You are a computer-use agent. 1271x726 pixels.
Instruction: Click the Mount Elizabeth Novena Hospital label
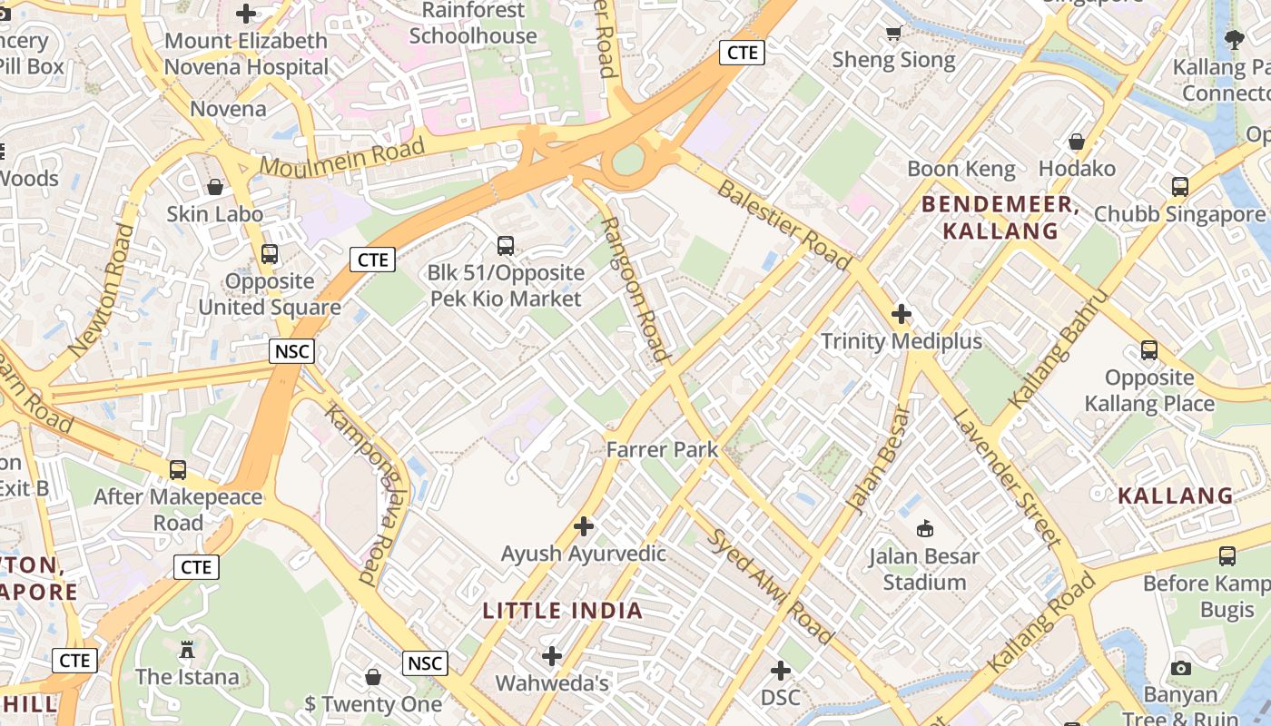[246, 54]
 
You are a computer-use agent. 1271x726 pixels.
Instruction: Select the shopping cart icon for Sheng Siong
[894, 34]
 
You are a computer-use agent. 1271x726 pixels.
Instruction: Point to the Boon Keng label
[961, 169]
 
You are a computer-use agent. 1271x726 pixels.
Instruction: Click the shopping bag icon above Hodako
[1077, 142]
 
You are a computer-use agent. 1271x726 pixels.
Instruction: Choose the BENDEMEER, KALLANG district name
[1000, 218]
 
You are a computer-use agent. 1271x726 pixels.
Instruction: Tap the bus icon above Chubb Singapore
[1179, 187]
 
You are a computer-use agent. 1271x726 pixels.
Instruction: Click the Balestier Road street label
[784, 225]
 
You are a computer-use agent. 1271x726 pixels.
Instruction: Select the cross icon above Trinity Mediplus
[902, 314]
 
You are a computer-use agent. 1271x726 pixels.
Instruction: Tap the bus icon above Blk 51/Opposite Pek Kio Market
[506, 245]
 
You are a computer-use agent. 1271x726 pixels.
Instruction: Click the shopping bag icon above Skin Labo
[215, 187]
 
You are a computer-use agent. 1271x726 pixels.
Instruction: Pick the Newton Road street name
[102, 289]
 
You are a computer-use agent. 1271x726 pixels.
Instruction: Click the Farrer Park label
[662, 449]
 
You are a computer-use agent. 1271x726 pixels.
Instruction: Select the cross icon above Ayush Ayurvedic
[584, 526]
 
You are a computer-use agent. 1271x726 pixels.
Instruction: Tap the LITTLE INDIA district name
[563, 610]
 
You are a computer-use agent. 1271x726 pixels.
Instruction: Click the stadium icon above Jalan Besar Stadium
[925, 528]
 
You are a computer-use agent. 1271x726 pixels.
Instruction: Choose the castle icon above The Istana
[187, 650]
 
